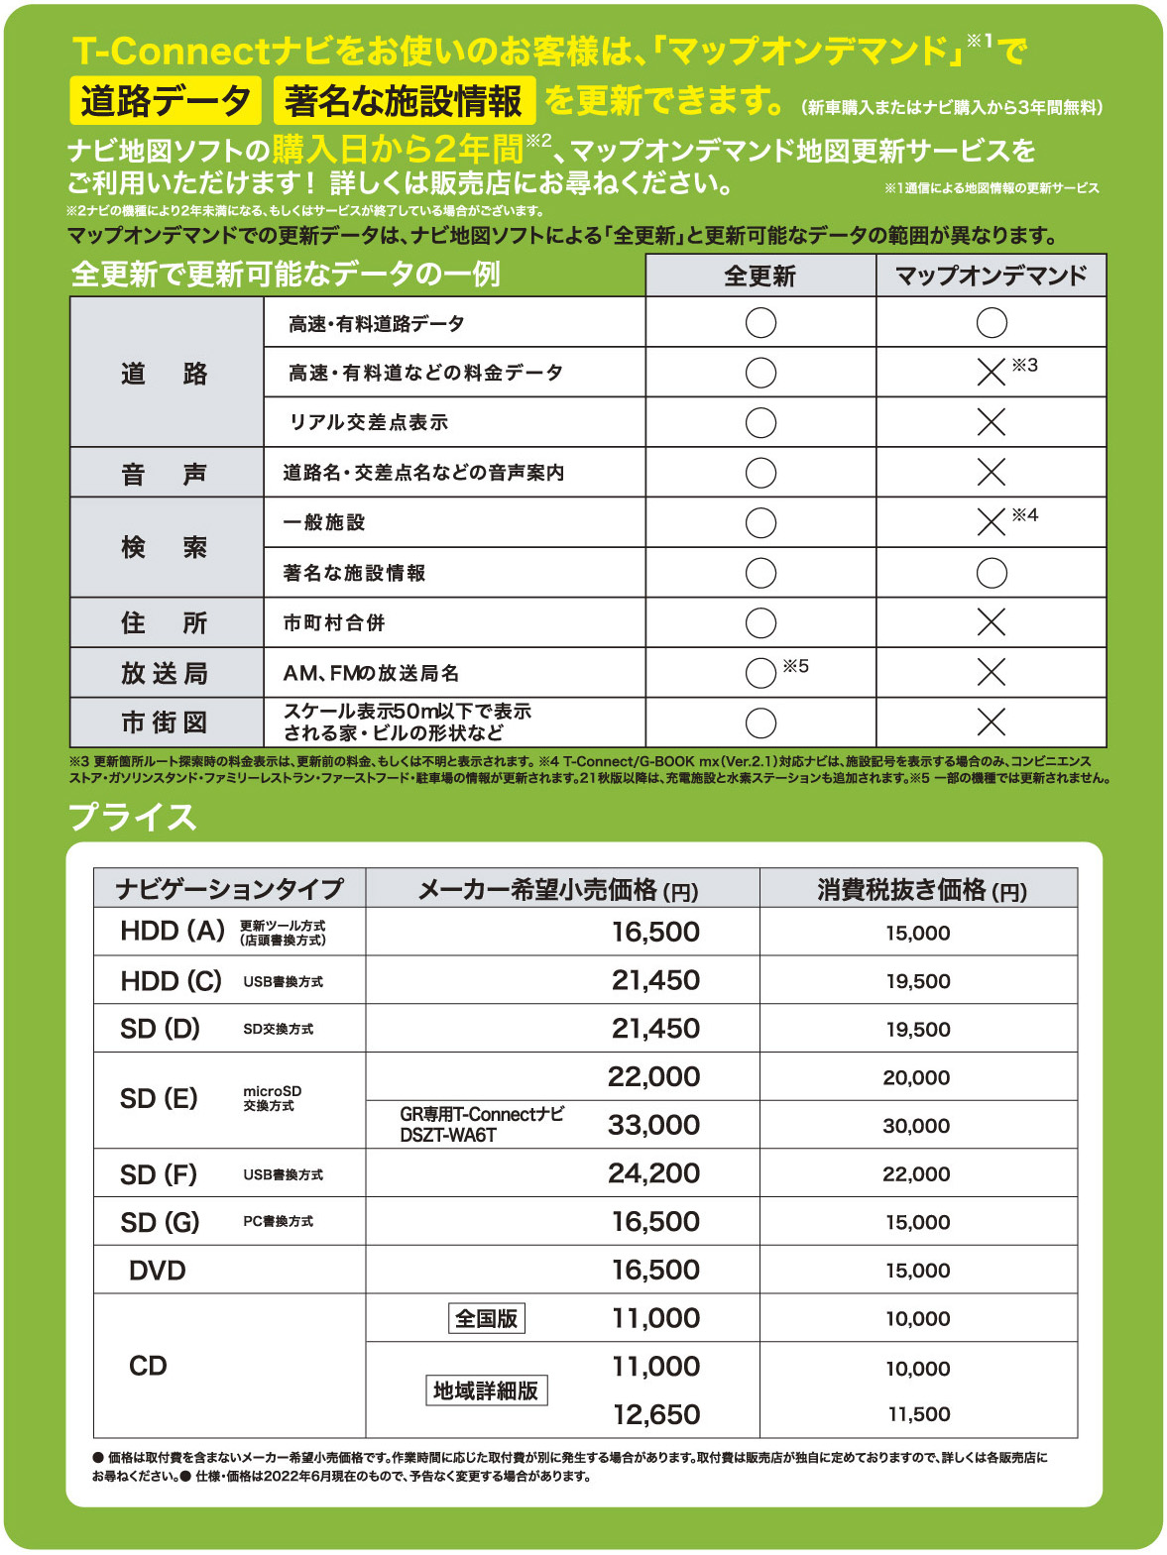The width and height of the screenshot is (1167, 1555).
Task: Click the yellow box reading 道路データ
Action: tap(166, 101)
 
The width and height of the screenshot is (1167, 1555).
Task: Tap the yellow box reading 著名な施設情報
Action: tap(404, 101)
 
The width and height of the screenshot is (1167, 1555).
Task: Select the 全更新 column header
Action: tap(760, 276)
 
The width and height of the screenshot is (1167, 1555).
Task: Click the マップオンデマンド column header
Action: tap(991, 276)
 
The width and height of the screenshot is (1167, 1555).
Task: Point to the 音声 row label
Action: tap(165, 474)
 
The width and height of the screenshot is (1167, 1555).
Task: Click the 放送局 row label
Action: tap(165, 674)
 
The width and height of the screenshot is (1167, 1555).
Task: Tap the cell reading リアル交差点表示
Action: tap(369, 422)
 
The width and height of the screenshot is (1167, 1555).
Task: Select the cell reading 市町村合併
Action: tap(334, 622)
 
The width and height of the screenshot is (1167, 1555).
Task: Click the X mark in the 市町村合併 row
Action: tap(991, 622)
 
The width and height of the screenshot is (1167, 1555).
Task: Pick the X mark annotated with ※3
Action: tap(991, 373)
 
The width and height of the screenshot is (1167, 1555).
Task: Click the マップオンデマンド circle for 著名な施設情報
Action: tap(991, 573)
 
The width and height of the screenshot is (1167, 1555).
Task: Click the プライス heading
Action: tap(133, 818)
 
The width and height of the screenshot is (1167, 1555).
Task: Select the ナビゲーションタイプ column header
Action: tap(229, 889)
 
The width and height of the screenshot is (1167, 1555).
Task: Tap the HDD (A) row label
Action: tap(173, 931)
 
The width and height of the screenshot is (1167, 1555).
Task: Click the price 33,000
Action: tap(653, 1125)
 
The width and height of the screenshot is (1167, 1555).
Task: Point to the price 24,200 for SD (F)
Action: tap(653, 1173)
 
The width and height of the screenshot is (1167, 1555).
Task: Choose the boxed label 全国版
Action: tap(486, 1318)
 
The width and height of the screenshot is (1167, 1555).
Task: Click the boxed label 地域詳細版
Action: tap(486, 1390)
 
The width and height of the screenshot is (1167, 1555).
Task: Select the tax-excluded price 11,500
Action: tap(918, 1414)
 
